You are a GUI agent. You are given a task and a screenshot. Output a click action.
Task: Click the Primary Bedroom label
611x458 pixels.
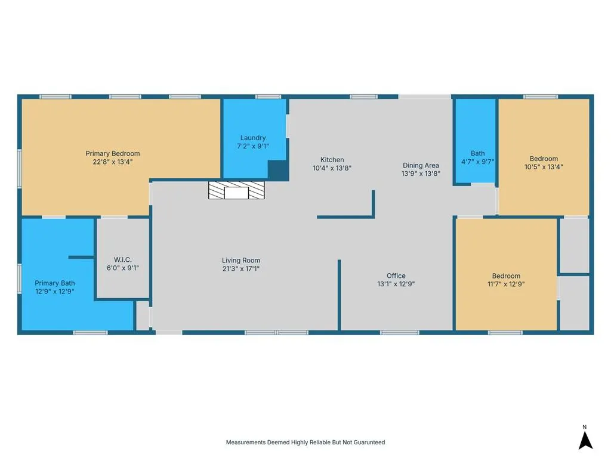pos(113,153)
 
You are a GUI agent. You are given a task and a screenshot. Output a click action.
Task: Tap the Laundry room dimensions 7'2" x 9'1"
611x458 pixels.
pos(253,147)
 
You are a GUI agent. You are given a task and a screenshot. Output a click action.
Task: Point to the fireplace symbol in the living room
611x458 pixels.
pos(236,190)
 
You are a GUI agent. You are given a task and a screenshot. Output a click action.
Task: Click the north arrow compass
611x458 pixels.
pos(585,441)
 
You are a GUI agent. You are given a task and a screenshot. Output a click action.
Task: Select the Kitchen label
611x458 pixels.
pos(332,160)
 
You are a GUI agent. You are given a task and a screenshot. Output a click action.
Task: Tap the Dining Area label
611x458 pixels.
pos(421,166)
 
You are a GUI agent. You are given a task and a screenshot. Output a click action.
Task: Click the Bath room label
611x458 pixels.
pos(478,153)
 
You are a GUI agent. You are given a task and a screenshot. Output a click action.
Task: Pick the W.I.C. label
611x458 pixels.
pos(123,260)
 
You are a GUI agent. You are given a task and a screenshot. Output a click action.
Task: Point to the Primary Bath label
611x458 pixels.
pos(54,283)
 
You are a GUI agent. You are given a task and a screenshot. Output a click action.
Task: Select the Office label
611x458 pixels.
pos(396,276)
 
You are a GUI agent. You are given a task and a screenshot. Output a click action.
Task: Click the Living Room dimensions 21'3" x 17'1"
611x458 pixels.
pos(241,269)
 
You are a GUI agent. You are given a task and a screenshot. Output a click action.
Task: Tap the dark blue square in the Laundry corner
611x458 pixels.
pos(278,170)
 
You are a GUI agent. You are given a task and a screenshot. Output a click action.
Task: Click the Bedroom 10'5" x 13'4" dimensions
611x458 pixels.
pos(544,167)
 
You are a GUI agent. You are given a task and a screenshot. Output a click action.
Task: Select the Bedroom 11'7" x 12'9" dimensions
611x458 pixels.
pos(506,284)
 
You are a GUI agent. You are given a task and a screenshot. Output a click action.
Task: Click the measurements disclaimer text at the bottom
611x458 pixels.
pos(305,442)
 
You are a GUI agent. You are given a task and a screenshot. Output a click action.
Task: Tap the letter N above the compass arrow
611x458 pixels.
pos(585,427)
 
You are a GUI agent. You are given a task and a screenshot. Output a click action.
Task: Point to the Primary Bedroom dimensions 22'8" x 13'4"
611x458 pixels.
pos(113,162)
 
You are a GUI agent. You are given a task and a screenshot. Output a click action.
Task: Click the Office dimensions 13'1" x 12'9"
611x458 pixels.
pos(396,284)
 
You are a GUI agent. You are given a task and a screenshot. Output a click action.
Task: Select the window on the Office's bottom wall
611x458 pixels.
pos(399,333)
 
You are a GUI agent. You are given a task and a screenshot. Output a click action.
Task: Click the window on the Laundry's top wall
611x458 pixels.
pos(268,97)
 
